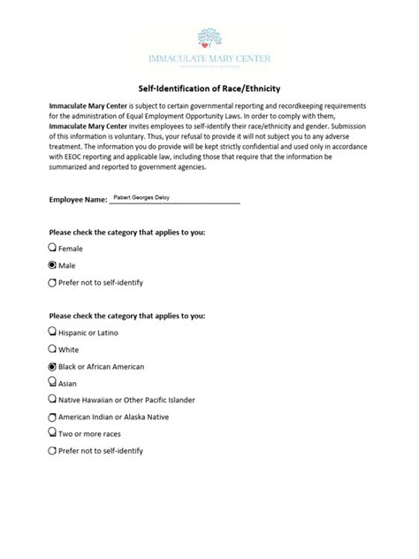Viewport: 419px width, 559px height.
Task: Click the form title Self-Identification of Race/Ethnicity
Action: click(209, 88)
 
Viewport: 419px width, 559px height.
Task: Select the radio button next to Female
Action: click(52, 249)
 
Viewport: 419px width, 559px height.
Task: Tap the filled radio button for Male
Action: click(52, 265)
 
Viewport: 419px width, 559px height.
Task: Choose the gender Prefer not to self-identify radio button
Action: click(52, 282)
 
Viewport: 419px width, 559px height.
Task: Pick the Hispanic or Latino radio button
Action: click(52, 333)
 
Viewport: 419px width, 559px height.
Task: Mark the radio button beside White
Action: click(52, 349)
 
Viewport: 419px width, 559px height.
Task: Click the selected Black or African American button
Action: click(52, 366)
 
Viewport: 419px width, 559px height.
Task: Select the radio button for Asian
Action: click(52, 383)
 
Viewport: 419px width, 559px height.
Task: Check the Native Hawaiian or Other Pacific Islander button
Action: click(52, 400)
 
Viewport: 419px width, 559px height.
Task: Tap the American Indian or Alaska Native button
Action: click(52, 417)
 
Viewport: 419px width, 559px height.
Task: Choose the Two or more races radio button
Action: click(52, 433)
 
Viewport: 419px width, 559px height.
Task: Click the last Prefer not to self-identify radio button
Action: click(52, 450)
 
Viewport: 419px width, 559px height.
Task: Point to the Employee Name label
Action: click(77, 202)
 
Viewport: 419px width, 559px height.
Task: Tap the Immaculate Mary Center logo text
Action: click(209, 59)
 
